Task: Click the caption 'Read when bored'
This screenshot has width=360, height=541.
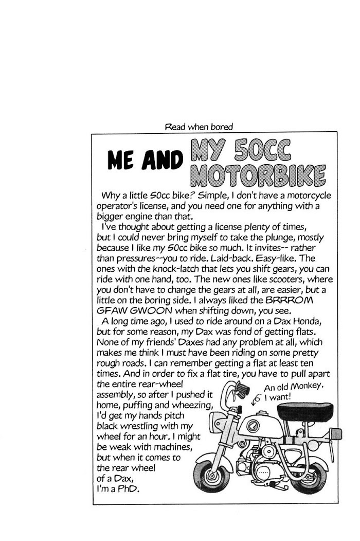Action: pos(199,127)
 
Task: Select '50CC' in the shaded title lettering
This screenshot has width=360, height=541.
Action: pos(262,150)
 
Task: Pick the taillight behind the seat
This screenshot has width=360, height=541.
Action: pos(336,434)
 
